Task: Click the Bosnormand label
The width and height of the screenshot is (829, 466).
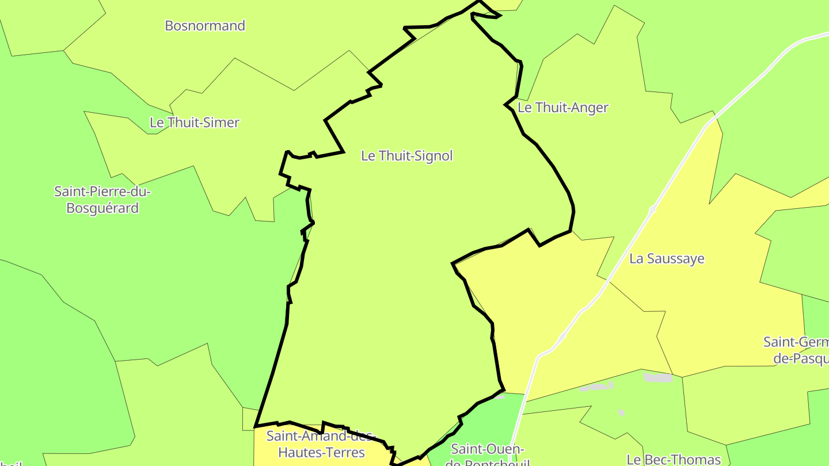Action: [x=205, y=26]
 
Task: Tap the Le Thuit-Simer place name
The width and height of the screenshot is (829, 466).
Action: [x=195, y=123]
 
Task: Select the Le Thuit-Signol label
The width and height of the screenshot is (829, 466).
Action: [x=407, y=156]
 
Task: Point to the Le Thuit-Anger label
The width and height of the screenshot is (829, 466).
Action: [x=563, y=108]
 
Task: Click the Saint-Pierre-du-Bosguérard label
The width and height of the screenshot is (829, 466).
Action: [x=102, y=200]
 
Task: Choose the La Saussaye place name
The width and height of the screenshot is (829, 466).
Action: [x=667, y=259]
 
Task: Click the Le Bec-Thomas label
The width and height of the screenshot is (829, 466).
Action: [x=674, y=459]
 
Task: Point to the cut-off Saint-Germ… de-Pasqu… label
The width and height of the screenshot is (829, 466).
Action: [x=797, y=350]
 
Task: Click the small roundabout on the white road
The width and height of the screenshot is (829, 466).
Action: [x=652, y=209]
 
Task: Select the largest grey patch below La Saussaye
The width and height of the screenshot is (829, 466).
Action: [x=658, y=377]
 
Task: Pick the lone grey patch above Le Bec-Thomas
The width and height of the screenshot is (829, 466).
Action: [x=622, y=412]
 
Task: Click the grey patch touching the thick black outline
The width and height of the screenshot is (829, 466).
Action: [x=499, y=396]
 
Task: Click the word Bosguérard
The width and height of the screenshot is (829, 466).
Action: [x=102, y=208]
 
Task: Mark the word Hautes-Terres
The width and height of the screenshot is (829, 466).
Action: [x=321, y=453]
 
